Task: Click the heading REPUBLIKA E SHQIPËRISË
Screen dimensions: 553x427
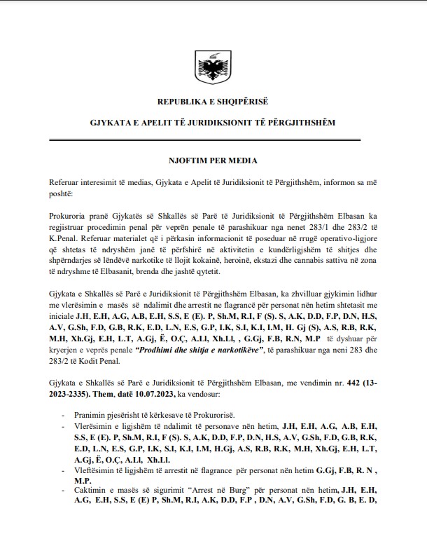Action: coord(213,102)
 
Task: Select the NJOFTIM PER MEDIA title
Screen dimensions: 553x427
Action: coord(213,161)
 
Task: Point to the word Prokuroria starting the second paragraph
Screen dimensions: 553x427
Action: coord(70,219)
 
